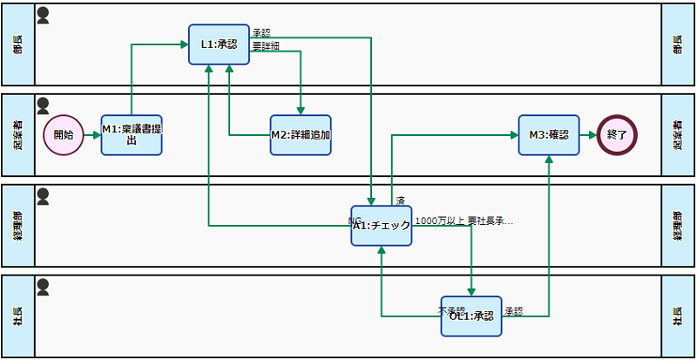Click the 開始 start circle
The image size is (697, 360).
pyautogui.click(x=64, y=135)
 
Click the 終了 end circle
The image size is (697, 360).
pyautogui.click(x=617, y=135)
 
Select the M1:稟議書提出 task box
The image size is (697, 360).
pyautogui.click(x=132, y=135)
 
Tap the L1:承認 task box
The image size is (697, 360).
pyautogui.click(x=213, y=44)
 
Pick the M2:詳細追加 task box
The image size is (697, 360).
pyautogui.click(x=301, y=135)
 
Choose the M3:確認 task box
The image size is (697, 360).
pyautogui.click(x=549, y=135)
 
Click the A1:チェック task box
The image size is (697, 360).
pyautogui.click(x=382, y=226)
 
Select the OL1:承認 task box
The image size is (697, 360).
pyautogui.click(x=471, y=316)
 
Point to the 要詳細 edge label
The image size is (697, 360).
pyautogui.click(x=266, y=46)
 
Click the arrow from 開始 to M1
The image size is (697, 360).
pyautogui.click(x=92, y=135)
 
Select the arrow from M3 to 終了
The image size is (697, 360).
pyautogui.click(x=588, y=135)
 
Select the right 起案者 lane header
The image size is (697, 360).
pyautogui.click(x=678, y=135)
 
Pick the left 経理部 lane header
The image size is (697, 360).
pyautogui.click(x=18, y=226)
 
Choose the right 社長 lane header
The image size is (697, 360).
pyautogui.click(x=678, y=316)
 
